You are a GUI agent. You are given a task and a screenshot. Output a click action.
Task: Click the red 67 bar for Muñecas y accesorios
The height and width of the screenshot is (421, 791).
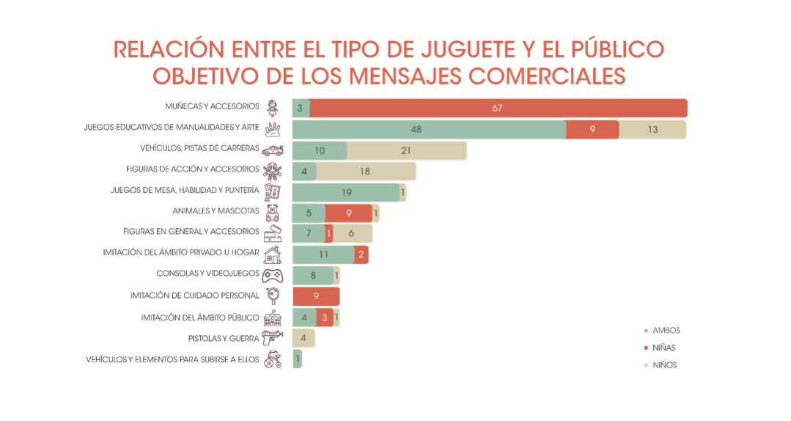coord(498,109)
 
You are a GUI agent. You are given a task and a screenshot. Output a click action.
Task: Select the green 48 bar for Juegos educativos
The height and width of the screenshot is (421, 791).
coord(429,130)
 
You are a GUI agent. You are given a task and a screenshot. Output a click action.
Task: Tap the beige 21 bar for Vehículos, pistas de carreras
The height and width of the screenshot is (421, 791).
coord(407,151)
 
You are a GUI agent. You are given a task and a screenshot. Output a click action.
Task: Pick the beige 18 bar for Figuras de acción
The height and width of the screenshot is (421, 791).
coord(366,172)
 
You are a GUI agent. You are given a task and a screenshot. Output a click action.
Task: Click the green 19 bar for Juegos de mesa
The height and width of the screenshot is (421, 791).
coord(346,193)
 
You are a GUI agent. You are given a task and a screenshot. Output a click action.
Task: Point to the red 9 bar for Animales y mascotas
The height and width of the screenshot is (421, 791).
coord(348,213)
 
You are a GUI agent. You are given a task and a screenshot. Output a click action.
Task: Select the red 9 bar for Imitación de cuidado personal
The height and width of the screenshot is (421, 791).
coord(316,296)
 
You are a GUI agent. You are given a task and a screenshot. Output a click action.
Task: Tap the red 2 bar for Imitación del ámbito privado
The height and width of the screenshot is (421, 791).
coord(360,255)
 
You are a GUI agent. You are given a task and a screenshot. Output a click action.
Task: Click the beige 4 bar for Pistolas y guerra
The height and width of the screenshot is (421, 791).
coord(303,338)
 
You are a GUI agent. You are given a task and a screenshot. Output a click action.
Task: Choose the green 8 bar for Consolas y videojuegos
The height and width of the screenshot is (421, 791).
coord(312,276)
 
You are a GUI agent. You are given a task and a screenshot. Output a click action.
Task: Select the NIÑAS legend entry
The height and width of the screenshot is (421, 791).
coord(663,348)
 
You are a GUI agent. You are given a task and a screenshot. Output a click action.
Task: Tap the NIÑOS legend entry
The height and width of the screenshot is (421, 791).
coord(664,365)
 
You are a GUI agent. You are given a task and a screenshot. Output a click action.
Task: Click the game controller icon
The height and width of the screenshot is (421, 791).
coord(272,276)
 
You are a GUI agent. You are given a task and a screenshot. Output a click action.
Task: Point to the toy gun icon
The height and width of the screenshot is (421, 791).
coord(272,338)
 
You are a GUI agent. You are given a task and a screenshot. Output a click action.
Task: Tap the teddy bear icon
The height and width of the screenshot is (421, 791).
coord(272,213)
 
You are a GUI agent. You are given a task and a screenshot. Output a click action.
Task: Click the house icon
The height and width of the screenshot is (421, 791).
coord(272,255)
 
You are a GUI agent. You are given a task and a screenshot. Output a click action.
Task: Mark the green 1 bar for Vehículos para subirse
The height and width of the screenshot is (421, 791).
coord(297,359)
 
